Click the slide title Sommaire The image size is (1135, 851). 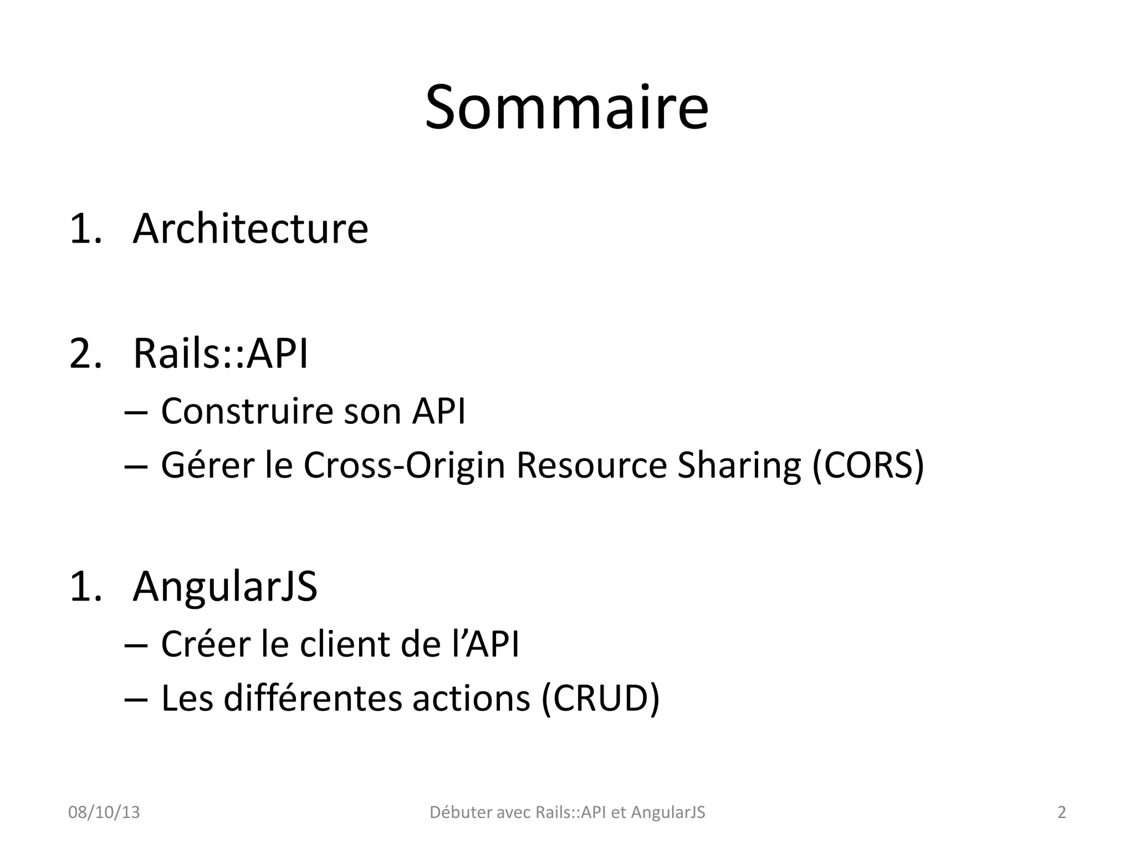566,107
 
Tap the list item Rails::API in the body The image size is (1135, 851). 221,353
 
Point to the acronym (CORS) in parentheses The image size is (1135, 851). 868,465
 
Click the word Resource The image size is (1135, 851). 591,465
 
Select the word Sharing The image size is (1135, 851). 739,465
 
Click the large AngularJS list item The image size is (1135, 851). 225,586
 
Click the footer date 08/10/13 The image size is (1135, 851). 104,813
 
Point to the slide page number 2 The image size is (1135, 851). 1062,813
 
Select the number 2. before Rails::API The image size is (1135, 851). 86,353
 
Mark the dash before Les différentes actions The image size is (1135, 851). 136,699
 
